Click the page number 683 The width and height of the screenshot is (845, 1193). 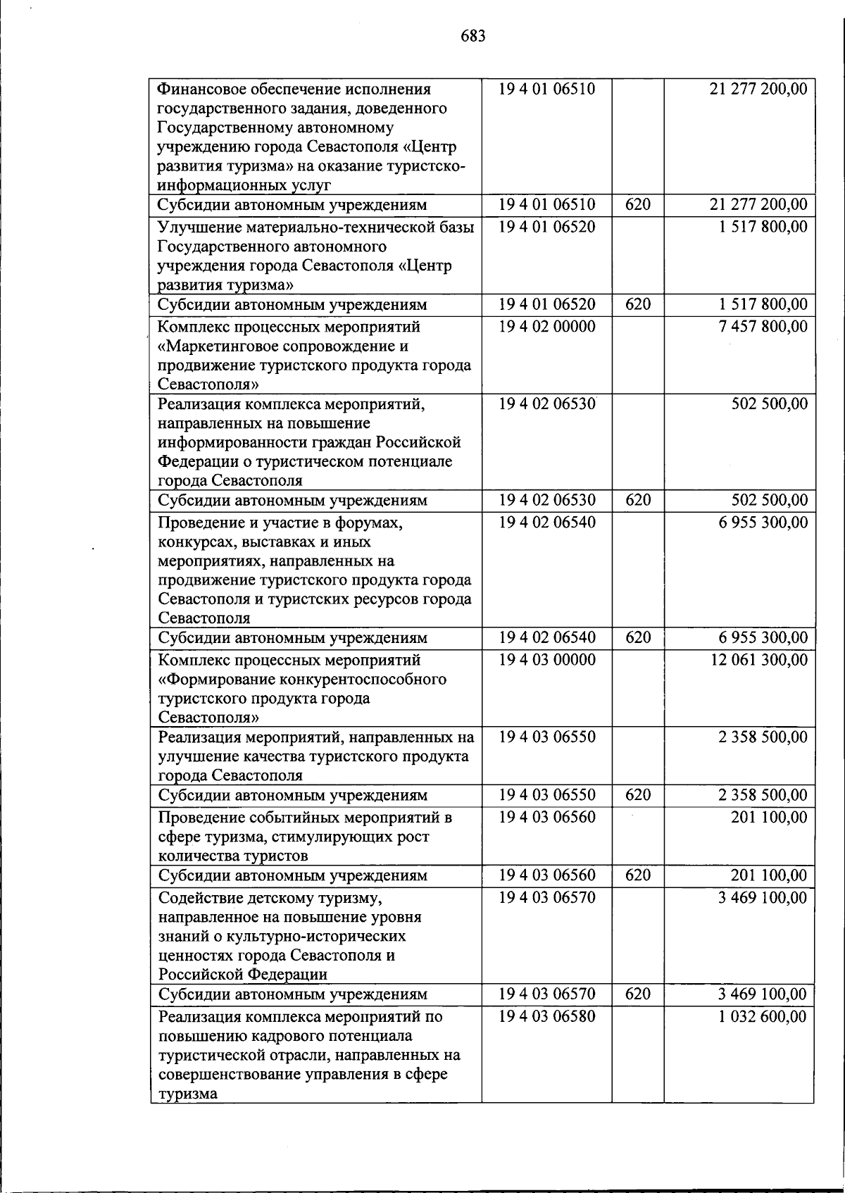tap(473, 36)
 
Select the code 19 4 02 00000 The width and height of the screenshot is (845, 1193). tap(546, 327)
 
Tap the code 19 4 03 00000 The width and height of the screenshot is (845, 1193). tap(546, 660)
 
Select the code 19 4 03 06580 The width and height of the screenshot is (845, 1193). tap(546, 1017)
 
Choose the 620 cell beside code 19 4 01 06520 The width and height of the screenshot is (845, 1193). tap(637, 305)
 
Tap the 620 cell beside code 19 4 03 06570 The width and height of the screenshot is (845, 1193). tap(637, 994)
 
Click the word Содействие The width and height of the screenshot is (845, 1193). tap(200, 899)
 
